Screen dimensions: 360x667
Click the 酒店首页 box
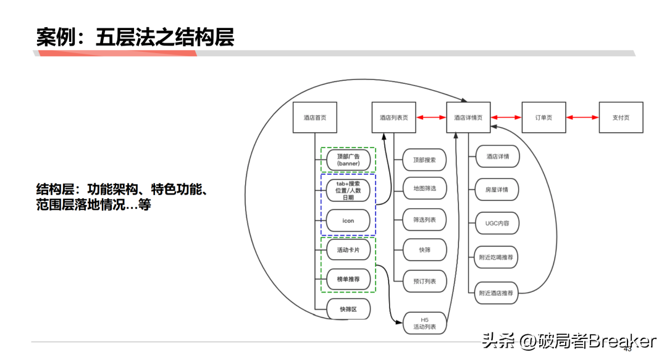coord(314,117)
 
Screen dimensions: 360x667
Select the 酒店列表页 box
coord(394,117)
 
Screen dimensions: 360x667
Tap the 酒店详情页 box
coord(468,117)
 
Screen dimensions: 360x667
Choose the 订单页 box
coord(543,117)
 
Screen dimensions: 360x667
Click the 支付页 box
coord(621,117)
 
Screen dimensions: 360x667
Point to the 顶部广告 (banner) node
coord(348,160)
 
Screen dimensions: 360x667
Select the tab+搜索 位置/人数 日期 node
coord(348,191)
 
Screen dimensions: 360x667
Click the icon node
coord(348,220)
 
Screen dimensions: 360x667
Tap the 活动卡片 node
coord(348,250)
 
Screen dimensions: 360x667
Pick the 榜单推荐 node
coord(348,279)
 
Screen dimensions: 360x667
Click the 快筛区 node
coord(348,309)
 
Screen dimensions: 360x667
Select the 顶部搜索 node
coord(424,160)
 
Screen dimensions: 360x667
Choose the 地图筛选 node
coord(424,188)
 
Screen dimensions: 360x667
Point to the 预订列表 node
coord(424,281)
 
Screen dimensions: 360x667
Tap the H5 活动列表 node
coord(424,323)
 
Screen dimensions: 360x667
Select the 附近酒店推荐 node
coord(498,293)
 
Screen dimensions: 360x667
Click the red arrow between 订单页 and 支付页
coord(582,117)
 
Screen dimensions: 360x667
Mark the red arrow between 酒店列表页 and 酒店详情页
coord(431,117)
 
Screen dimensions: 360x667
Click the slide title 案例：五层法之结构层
coord(135,36)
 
